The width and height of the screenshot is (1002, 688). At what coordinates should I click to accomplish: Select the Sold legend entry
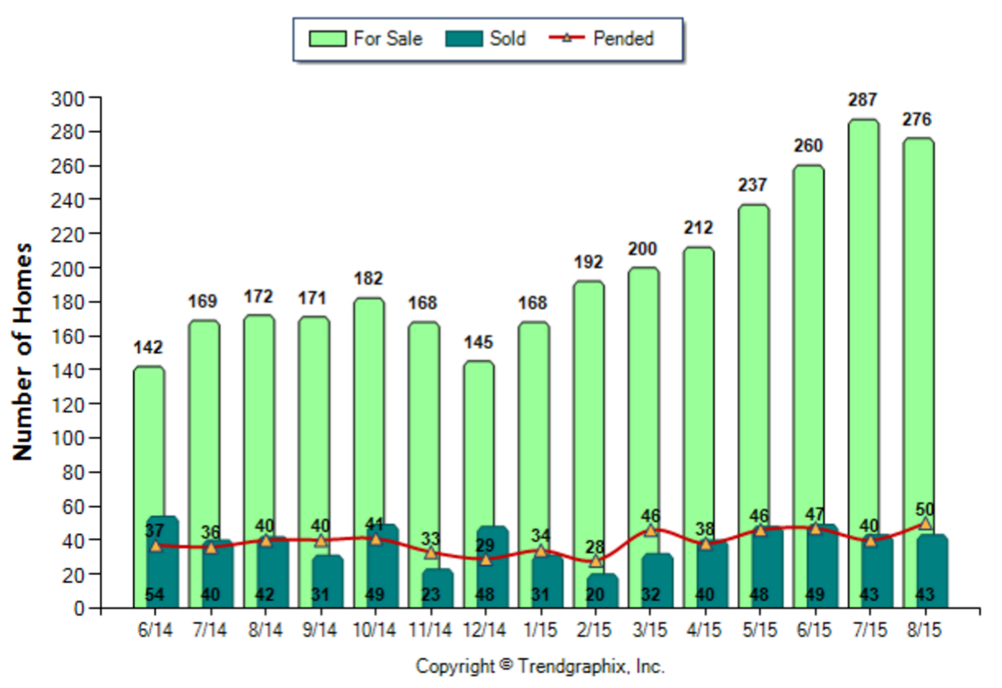[487, 39]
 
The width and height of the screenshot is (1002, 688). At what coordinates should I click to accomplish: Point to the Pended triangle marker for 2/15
[595, 561]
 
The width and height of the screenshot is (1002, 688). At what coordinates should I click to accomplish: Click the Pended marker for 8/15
[924, 523]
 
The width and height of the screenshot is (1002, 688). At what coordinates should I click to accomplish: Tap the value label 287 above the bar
[863, 100]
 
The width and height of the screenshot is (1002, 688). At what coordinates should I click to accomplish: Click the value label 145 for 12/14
[480, 342]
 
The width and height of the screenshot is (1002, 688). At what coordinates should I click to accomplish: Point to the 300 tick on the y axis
[71, 98]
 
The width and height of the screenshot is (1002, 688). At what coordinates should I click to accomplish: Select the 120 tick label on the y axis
[71, 404]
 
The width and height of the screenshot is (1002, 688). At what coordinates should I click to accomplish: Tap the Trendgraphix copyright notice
[540, 666]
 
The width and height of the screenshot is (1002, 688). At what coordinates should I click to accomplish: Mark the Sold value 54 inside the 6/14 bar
[155, 596]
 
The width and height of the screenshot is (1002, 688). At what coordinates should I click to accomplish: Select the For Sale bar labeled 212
[697, 394]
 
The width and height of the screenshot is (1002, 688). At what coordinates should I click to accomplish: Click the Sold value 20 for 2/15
[595, 596]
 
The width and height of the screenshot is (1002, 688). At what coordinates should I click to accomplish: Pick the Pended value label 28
[595, 546]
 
